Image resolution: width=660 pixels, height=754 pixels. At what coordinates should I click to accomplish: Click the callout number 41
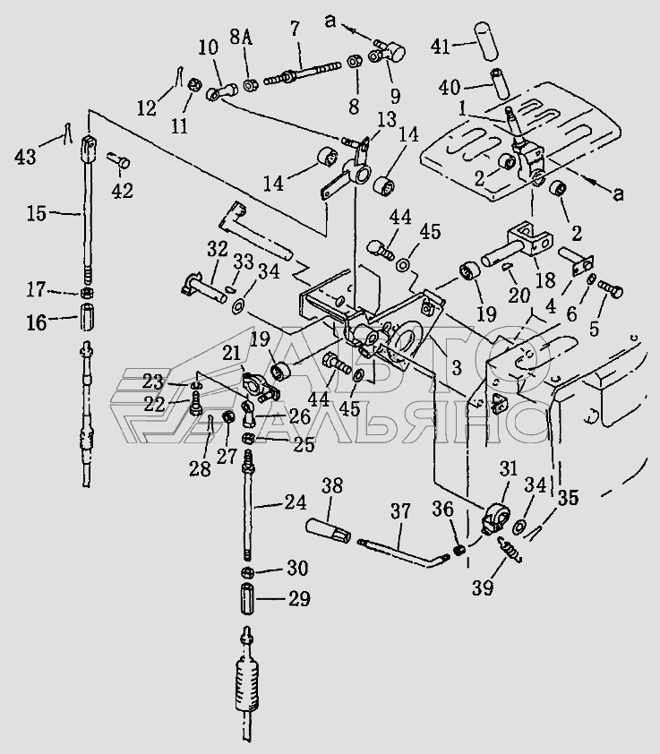pyautogui.click(x=441, y=47)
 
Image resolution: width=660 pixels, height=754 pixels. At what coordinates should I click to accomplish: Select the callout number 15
pyautogui.click(x=37, y=213)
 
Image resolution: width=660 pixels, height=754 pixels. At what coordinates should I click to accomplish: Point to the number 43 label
pyautogui.click(x=25, y=157)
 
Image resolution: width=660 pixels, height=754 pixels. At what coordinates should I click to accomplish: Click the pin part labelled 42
pyautogui.click(x=121, y=160)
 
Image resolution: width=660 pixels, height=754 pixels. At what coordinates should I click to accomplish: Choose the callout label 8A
pyautogui.click(x=241, y=37)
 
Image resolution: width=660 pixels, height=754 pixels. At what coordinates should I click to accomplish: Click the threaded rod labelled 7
pyautogui.click(x=301, y=71)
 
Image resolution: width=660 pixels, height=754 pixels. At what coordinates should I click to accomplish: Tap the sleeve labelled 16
pyautogui.click(x=87, y=316)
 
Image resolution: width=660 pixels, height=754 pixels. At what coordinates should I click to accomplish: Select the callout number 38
pyautogui.click(x=332, y=486)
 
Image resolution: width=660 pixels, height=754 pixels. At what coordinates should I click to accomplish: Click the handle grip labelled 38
pyautogui.click(x=329, y=530)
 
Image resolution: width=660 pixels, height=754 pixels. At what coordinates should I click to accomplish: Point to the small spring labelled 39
pyautogui.click(x=510, y=549)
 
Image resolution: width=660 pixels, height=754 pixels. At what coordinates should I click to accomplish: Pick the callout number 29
pyautogui.click(x=299, y=599)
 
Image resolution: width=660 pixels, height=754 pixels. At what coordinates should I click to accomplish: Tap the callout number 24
pyautogui.click(x=296, y=502)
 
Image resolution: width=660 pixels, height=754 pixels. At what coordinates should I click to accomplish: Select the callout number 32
pyautogui.click(x=218, y=249)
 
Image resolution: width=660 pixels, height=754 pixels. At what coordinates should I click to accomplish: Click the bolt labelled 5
pyautogui.click(x=611, y=290)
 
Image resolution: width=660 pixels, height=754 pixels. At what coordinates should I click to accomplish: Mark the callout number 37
pyautogui.click(x=400, y=511)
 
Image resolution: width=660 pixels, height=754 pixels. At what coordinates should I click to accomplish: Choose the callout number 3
pyautogui.click(x=456, y=368)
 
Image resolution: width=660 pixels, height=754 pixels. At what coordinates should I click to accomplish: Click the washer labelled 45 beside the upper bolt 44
pyautogui.click(x=403, y=264)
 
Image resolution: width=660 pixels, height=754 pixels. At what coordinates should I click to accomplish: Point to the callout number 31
pyautogui.click(x=509, y=468)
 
